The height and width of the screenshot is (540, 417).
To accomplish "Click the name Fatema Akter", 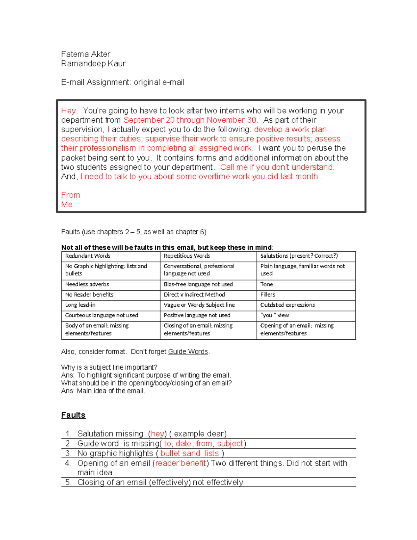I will [85, 54].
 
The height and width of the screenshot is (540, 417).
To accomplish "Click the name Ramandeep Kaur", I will [93, 64].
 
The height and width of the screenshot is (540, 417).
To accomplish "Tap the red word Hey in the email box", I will [68, 111].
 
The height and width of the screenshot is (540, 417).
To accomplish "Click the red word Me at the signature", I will [67, 204].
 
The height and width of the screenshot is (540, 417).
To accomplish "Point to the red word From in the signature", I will [71, 195].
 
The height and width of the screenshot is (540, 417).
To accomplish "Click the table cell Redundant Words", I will [88, 256].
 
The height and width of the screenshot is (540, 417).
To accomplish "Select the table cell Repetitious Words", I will [187, 256].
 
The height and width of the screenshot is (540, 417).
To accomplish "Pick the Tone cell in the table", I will [267, 284].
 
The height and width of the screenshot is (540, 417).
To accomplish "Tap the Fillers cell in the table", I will [268, 295].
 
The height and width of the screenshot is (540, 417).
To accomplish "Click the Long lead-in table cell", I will [80, 305].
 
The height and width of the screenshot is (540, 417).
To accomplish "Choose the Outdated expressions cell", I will [288, 305].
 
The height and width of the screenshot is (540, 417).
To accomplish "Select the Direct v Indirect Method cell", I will [194, 295].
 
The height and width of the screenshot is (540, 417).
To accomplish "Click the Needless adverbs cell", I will [87, 284].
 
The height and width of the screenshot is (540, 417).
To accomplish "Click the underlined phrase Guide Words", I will [188, 352].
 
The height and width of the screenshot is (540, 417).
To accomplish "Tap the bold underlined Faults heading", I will [73, 415].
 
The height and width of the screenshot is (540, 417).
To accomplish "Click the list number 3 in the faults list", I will [68, 453].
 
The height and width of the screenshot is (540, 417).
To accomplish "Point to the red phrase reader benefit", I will [180, 463].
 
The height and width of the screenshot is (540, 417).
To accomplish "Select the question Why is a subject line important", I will [109, 368].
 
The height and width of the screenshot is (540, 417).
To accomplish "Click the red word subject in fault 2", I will [230, 444].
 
